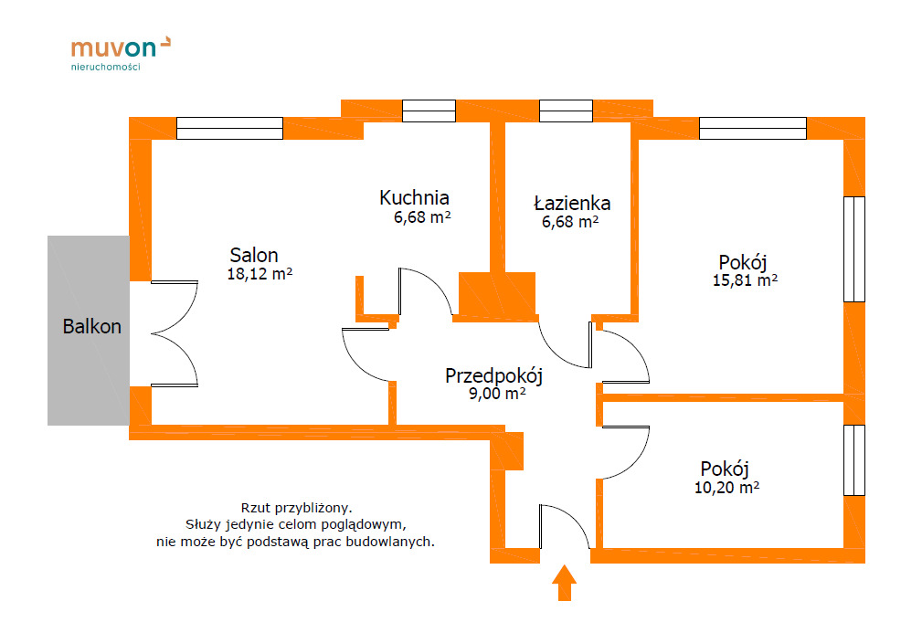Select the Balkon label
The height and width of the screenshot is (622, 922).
pos(91,326)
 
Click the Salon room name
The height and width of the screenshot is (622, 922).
pos(254,255)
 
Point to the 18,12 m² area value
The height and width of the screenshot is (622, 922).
pos(260,273)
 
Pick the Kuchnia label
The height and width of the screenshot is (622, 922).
pos(415,197)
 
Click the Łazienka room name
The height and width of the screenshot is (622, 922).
pos(573,203)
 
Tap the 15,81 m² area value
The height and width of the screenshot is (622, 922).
pos(745,280)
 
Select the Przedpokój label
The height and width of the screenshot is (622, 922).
pos(494,375)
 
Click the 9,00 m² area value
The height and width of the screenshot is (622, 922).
pos(496,394)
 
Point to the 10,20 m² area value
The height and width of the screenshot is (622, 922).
pos(726,488)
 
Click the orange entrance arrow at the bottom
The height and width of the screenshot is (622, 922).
pos(565,582)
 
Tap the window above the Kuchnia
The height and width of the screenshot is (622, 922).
pos(429,111)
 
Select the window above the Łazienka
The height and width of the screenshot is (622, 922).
pos(566,111)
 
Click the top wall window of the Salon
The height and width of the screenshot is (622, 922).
pos(229,128)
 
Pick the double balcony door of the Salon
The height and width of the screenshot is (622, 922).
pos(174,333)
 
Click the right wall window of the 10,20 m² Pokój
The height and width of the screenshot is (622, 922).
pos(853,459)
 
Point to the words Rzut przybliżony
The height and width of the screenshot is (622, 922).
pos(296,507)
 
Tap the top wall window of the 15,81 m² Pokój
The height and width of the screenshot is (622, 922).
pos(752,128)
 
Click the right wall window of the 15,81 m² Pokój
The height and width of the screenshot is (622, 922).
pos(853,248)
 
